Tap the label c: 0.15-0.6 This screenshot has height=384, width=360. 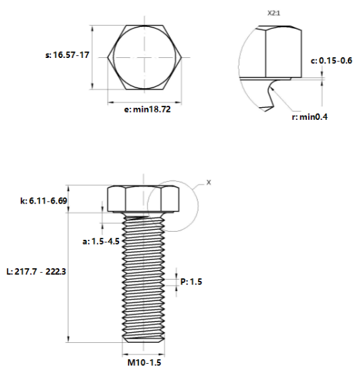332,61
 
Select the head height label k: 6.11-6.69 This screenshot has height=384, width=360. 43,200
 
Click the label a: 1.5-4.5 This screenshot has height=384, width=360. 100,241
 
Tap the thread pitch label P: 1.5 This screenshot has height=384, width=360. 190,282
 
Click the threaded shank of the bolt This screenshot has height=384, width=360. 143,276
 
